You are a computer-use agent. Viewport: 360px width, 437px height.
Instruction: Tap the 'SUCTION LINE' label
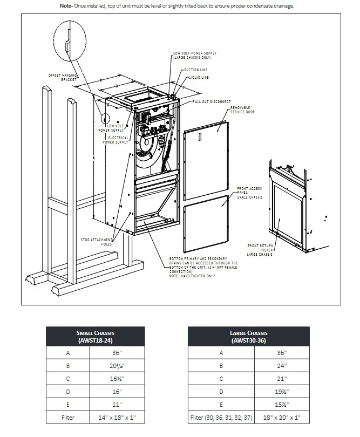pyautogui.click(x=196, y=70)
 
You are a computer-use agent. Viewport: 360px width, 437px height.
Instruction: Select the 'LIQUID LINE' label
pyautogui.click(x=198, y=78)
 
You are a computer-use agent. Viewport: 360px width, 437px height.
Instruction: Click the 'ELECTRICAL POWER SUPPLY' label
pyautogui.click(x=114, y=140)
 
